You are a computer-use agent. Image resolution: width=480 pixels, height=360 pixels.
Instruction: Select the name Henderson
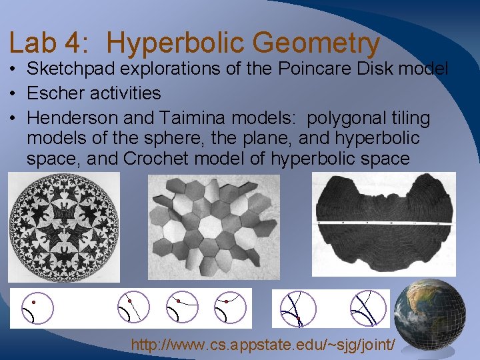tap(78, 119)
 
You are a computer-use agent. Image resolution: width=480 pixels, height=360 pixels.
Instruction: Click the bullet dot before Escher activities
tap(14, 93)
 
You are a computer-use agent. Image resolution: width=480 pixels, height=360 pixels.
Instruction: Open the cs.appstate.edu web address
tap(264, 345)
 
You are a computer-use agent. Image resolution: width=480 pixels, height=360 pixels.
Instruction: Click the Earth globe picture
tap(429, 319)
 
